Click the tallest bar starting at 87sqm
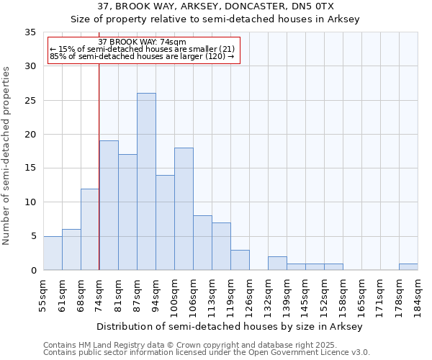click(146, 181)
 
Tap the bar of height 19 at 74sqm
click(109, 205)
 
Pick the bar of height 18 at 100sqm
click(184, 209)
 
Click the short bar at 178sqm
click(408, 266)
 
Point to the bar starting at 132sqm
click(277, 264)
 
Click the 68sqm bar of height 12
click(90, 229)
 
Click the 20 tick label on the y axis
click(30, 135)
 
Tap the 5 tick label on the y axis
click(33, 236)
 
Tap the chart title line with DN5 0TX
click(215, 6)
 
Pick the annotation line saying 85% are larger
click(142, 57)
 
